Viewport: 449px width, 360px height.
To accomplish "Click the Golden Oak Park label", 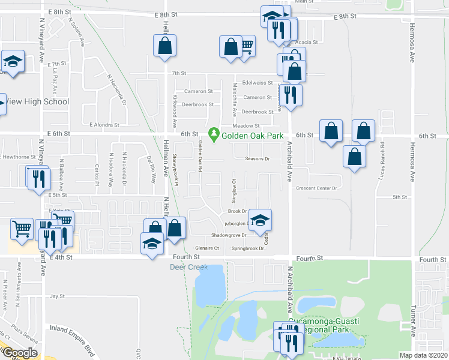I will [x=252, y=136].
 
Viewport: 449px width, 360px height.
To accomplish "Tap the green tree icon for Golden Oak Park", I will [x=212, y=133].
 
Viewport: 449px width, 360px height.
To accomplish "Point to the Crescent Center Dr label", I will [x=317, y=188].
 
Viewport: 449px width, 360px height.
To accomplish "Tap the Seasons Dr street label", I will [x=258, y=159].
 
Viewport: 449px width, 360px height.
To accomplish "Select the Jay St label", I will [x=57, y=296].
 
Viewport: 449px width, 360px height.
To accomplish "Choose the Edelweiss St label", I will [x=258, y=83].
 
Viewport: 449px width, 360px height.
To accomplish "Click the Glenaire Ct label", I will [x=208, y=248].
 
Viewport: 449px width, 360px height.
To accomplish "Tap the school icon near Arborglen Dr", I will [x=260, y=221].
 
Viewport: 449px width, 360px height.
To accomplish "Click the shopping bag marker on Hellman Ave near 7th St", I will [x=164, y=46].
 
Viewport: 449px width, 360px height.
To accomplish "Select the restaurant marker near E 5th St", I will [x=37, y=178].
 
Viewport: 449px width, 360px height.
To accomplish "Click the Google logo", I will [x=20, y=353].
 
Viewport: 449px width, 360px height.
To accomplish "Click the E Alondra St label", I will [x=104, y=125].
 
